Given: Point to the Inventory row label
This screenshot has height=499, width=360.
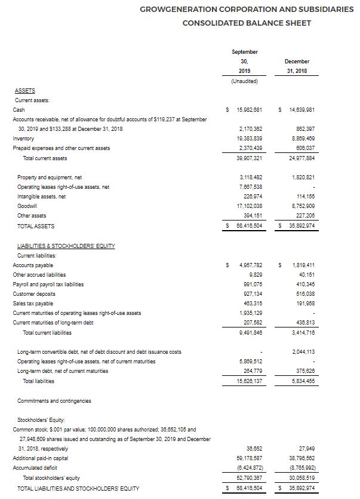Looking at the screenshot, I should tap(23, 138).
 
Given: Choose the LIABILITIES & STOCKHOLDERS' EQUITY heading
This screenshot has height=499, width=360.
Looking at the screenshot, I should tap(64, 246).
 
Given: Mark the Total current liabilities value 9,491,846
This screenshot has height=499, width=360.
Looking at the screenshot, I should tap(244, 332).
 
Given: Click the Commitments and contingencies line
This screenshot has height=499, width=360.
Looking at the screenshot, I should tap(54, 400).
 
